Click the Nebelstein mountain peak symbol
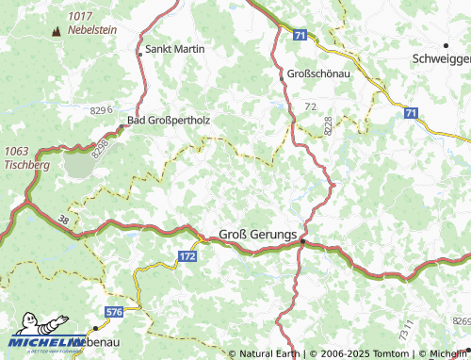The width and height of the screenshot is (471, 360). click(55, 31)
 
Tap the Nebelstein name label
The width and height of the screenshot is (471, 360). click(91, 29)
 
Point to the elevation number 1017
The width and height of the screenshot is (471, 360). click(81, 16)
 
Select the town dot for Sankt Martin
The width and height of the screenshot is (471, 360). click(140, 54)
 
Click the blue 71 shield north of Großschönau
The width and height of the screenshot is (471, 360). click(300, 35)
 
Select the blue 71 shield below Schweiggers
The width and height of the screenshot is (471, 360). click(411, 113)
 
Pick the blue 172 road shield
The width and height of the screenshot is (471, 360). click(187, 255)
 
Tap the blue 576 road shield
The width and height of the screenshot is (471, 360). click(114, 310)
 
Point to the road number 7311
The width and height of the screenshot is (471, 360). click(406, 333)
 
